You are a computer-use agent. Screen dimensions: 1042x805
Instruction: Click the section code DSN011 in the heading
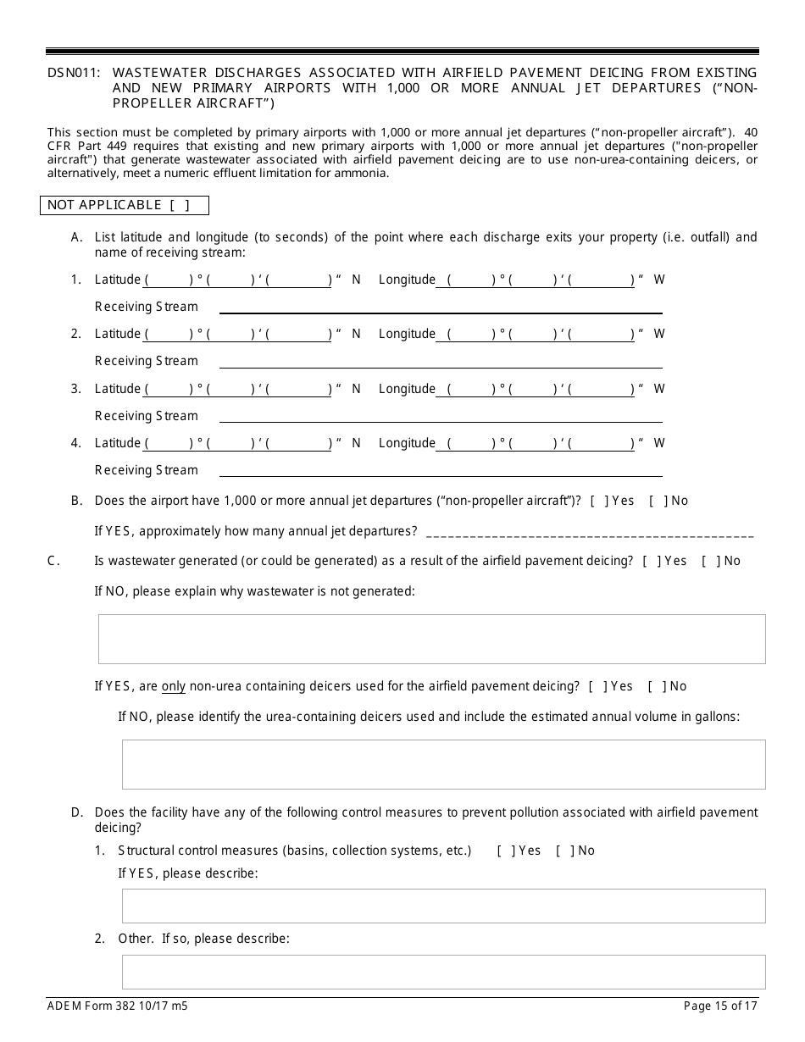coord(74,73)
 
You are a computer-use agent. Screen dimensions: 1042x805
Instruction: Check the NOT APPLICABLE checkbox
coord(179,205)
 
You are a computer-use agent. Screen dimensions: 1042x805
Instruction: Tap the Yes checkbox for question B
coord(599,501)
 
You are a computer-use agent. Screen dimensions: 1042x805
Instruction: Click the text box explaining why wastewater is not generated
coord(431,639)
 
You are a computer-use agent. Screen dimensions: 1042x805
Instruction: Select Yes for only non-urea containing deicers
coord(597,686)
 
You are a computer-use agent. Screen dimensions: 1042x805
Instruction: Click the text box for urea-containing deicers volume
coord(443,764)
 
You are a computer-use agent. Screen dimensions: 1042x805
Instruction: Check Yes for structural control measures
coord(505,851)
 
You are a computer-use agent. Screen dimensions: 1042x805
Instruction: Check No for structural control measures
coord(564,851)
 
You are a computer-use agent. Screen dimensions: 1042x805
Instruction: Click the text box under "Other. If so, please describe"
coord(443,972)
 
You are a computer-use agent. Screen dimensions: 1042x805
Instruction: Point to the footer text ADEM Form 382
coord(118,1006)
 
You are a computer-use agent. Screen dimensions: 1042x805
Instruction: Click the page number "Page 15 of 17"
coord(720,1006)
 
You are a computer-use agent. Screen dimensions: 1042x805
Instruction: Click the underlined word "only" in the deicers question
coord(174,686)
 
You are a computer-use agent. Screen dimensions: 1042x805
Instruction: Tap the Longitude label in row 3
coord(407,389)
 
